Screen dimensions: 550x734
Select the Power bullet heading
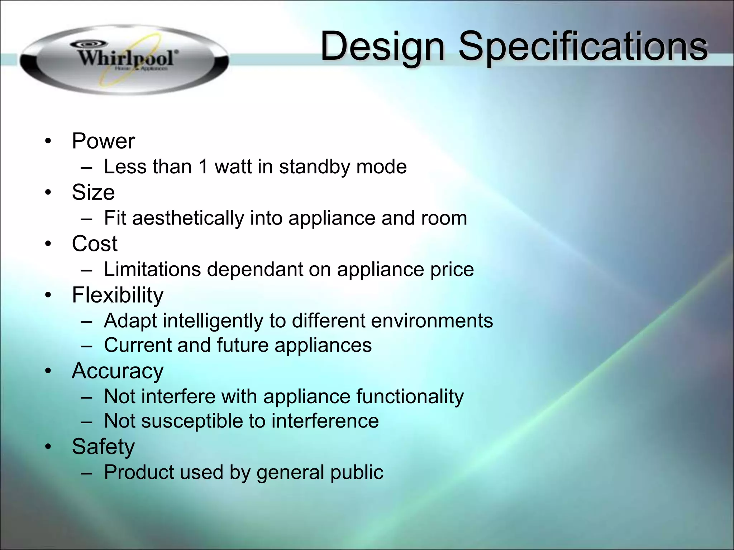[103, 141]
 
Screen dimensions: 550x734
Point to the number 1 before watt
[203, 167]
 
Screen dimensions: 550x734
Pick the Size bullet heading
[93, 192]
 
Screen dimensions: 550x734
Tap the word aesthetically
[188, 218]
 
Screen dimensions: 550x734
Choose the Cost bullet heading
[95, 243]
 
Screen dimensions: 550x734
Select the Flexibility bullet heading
[118, 295]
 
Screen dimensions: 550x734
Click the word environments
[432, 320]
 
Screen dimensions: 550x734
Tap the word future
[243, 345]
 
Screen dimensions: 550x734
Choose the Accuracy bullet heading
[118, 371]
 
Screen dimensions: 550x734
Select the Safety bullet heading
[103, 447]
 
